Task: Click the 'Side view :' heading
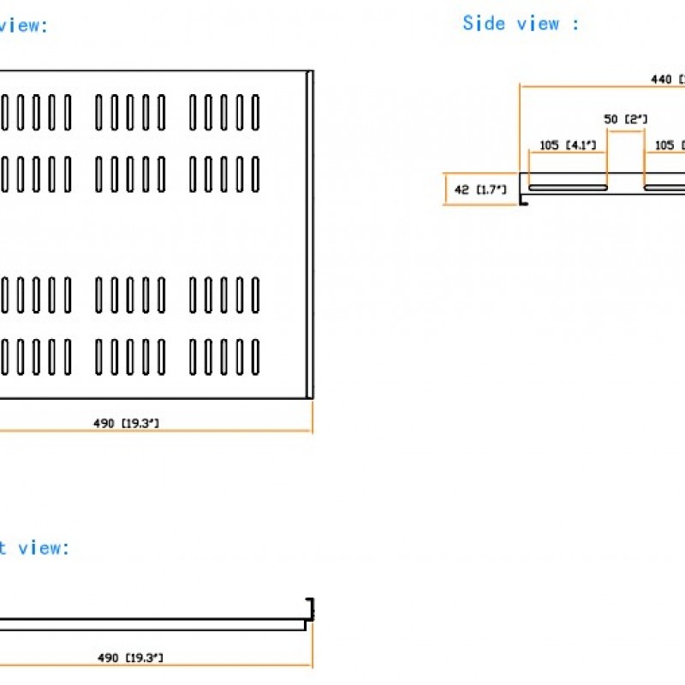(520, 23)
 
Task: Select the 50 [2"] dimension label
(625, 119)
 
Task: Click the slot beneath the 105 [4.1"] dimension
(568, 187)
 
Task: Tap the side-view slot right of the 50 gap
(664, 187)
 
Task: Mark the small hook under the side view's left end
(523, 201)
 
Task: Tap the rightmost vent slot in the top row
(254, 112)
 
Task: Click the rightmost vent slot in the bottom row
(254, 357)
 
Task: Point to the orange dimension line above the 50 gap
(625, 130)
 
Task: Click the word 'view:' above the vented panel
(24, 25)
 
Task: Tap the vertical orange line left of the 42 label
(446, 189)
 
